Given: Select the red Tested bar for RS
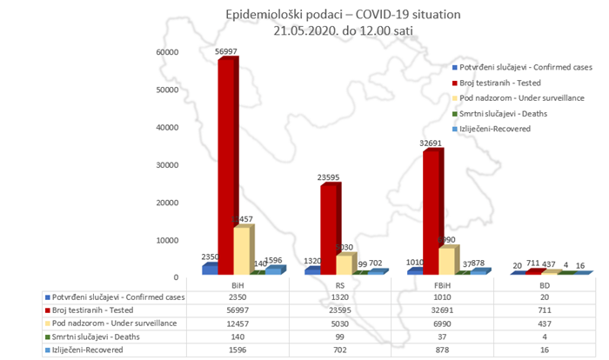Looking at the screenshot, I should coord(328,230).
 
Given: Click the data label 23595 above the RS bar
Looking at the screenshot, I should coord(329,178).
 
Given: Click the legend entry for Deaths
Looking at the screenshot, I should coord(499,113).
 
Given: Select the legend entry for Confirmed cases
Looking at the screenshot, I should coord(523,66).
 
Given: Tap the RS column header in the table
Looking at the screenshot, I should coord(337,284).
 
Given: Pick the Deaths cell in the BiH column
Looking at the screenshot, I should coord(234,337).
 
